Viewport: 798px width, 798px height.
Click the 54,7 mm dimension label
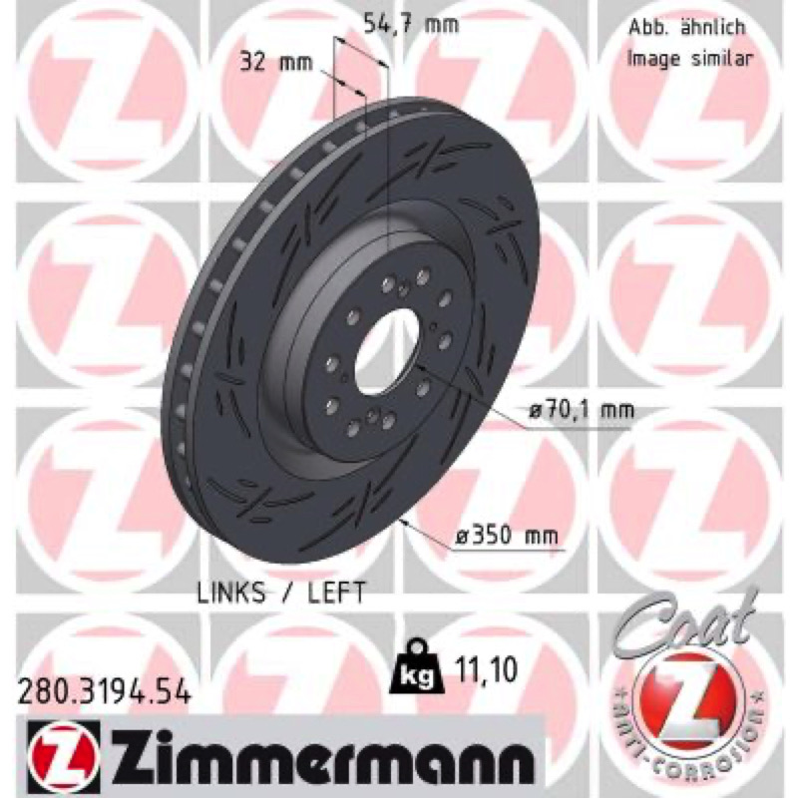point(411,24)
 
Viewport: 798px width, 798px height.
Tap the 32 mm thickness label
point(276,62)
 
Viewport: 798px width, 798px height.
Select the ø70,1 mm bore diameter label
point(581,409)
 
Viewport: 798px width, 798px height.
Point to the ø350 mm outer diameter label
point(507,535)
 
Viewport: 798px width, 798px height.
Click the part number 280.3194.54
point(105,691)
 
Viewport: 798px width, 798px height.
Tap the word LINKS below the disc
point(231,592)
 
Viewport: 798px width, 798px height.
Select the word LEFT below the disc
point(336,592)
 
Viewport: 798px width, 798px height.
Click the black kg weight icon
point(416,666)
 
